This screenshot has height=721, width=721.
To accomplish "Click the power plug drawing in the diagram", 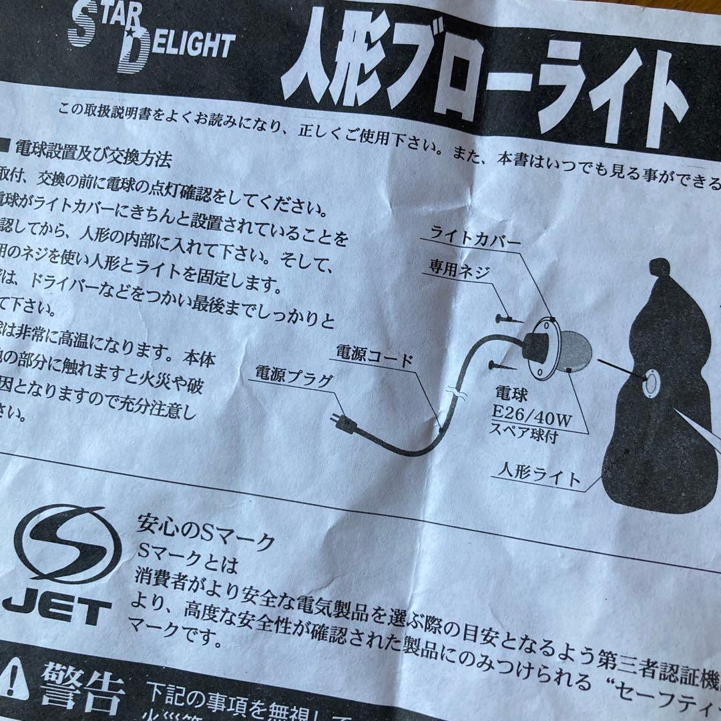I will [344, 421].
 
